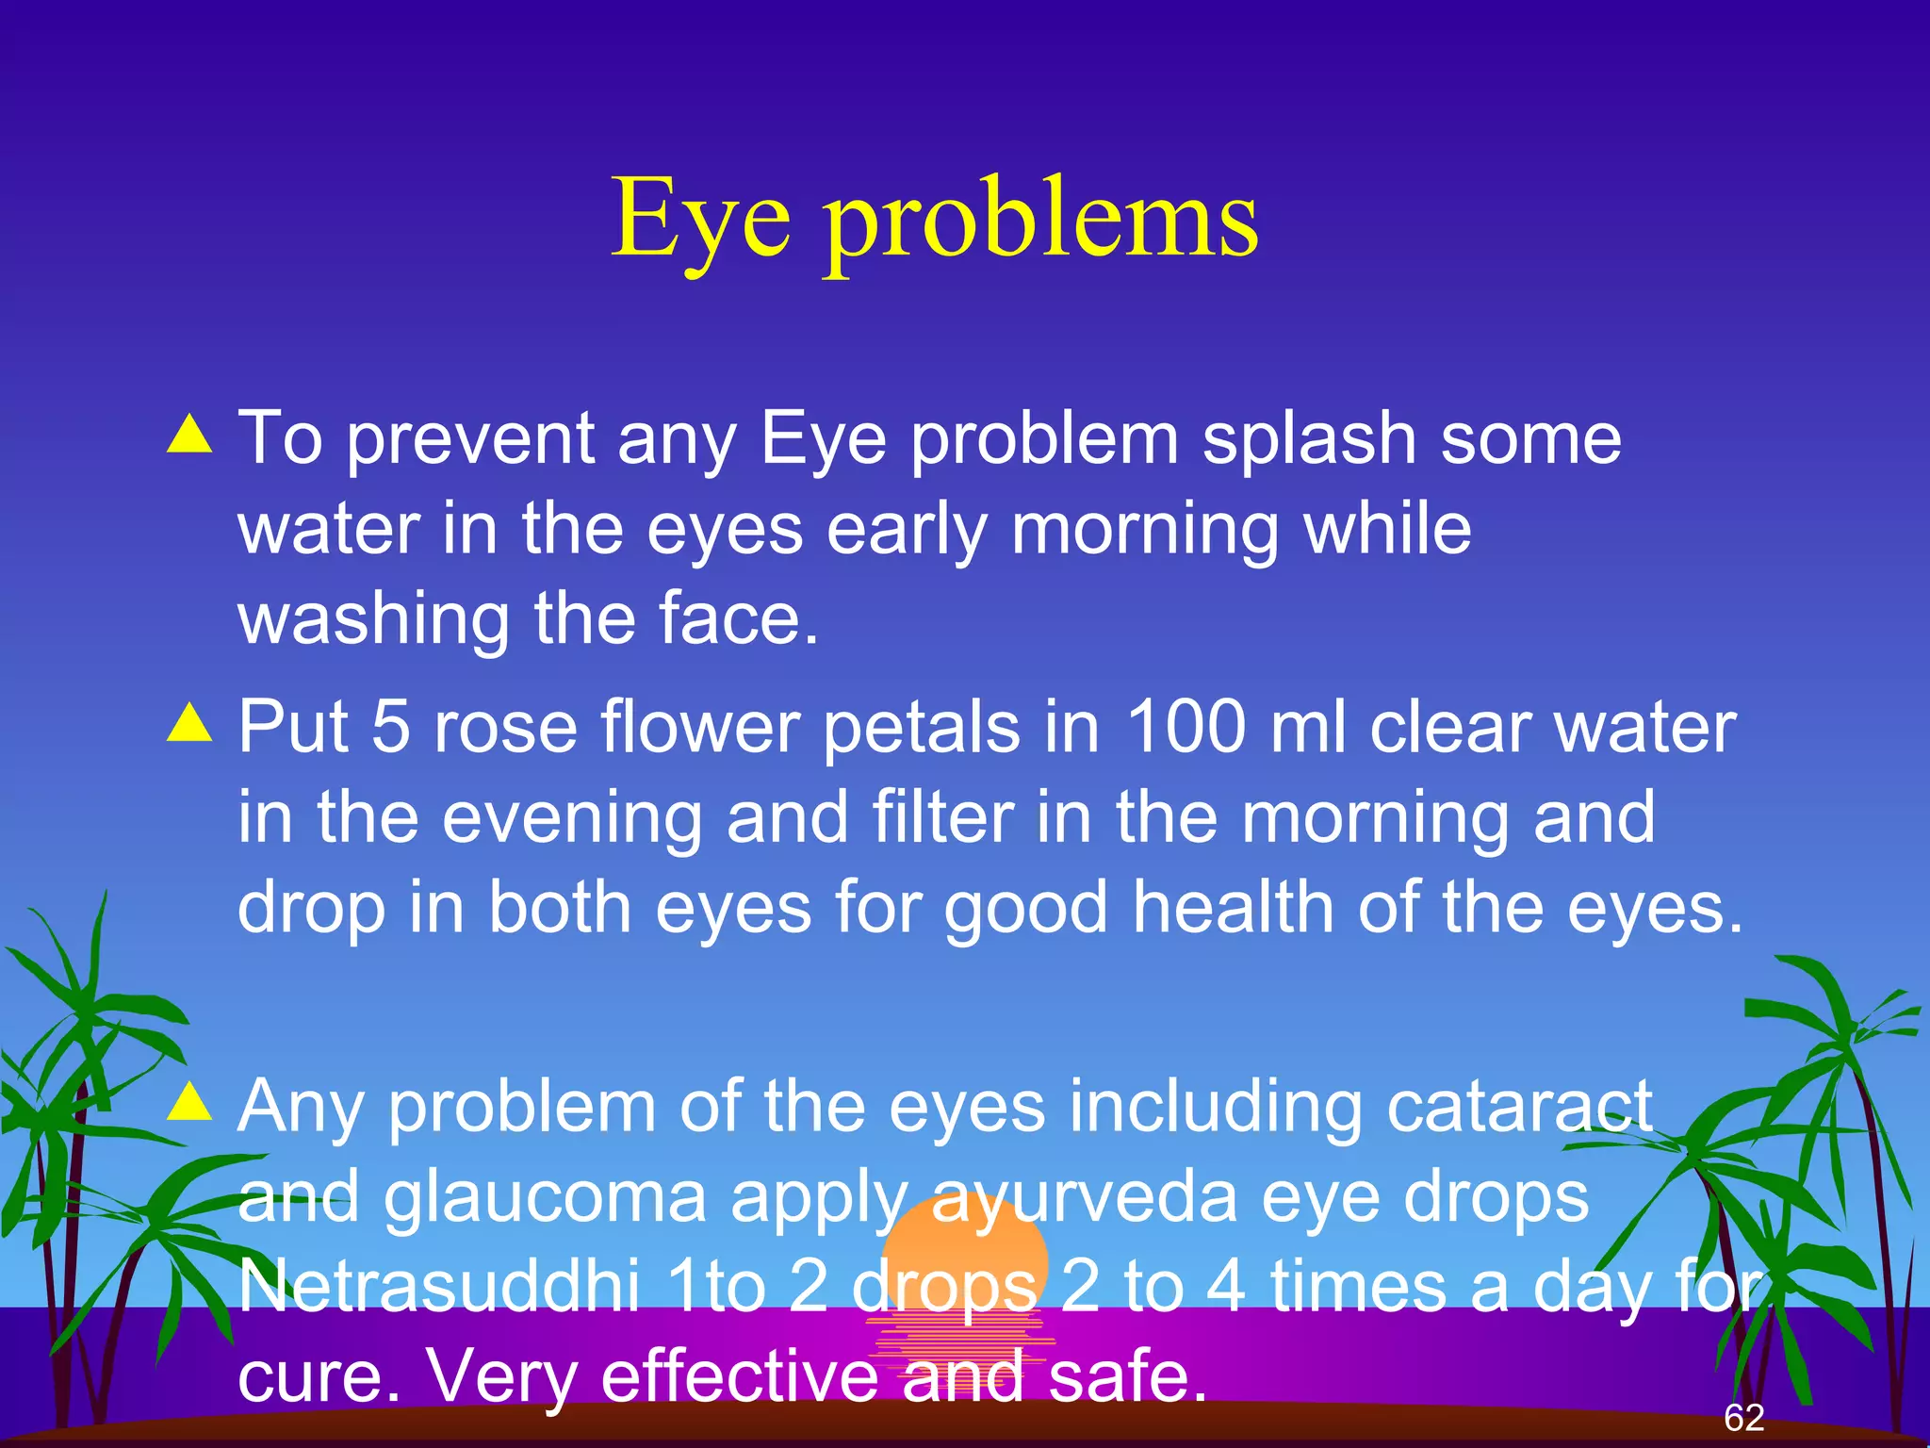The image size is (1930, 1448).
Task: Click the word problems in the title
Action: (x=1041, y=224)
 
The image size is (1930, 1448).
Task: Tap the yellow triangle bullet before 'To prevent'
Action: (x=189, y=435)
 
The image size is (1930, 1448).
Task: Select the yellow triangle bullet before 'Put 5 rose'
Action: (x=189, y=723)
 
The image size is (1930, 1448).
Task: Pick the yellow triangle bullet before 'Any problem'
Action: (x=189, y=1100)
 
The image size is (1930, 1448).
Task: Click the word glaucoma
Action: (x=545, y=1197)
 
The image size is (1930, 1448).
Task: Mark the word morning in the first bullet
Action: (x=1144, y=531)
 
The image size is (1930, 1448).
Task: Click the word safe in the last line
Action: (x=1126, y=1376)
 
